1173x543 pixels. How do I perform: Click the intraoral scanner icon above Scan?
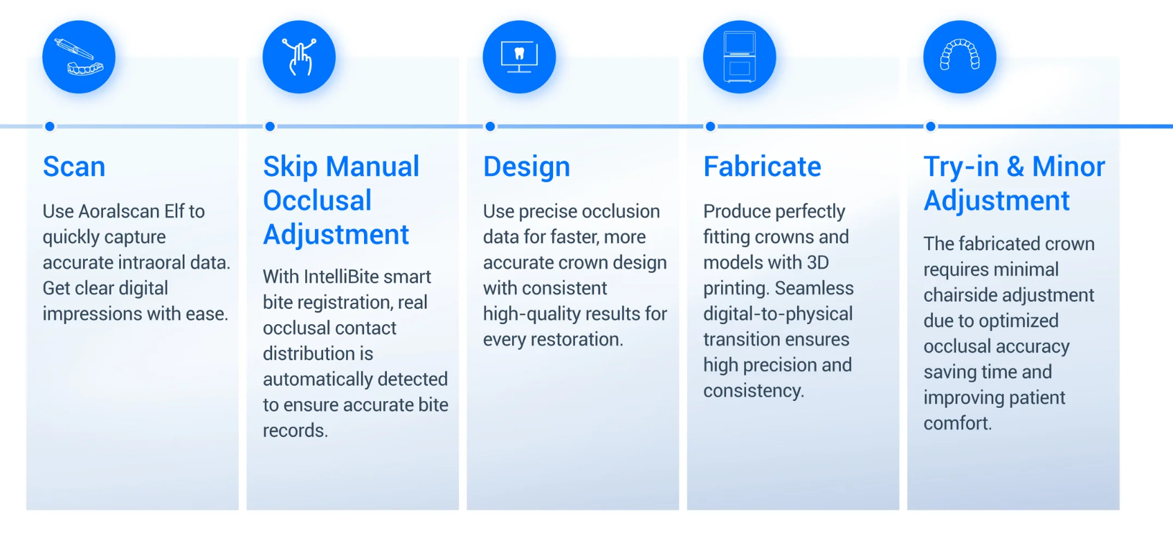(79, 57)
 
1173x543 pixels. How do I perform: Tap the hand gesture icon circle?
(299, 57)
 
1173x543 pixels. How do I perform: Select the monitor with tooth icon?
(519, 57)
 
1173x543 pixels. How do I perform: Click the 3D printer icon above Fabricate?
(739, 57)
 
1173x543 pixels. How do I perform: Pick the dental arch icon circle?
(960, 57)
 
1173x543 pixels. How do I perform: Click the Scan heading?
(74, 167)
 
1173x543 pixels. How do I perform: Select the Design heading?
(526, 167)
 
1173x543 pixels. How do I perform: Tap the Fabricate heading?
(762, 167)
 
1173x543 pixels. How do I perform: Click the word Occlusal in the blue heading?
(318, 200)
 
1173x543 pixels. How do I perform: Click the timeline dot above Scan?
(50, 126)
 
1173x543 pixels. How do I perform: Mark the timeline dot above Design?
(490, 126)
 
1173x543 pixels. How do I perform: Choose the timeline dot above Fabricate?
(711, 126)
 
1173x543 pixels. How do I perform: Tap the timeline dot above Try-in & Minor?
(931, 126)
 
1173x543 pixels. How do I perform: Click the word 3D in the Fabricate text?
(817, 262)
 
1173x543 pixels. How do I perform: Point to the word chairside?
(959, 295)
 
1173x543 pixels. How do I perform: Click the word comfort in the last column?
(957, 423)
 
